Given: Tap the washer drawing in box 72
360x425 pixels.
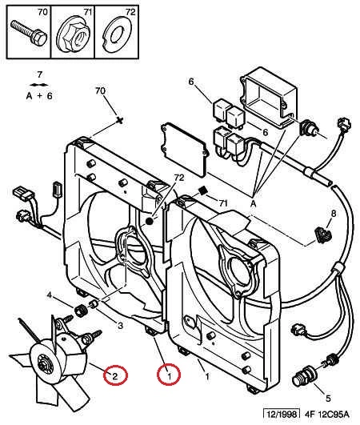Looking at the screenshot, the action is tap(117, 34).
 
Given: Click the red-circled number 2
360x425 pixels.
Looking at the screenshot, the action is tap(115, 375).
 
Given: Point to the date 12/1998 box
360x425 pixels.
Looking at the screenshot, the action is tap(282, 414).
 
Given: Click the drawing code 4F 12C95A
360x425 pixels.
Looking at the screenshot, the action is tap(326, 414).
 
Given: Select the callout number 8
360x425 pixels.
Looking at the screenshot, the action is tap(334, 214).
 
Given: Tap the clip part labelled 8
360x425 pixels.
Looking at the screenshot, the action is tap(323, 235).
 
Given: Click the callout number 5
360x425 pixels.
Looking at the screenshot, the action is tap(328, 399).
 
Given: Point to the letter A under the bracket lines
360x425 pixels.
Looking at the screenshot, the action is tap(253, 204).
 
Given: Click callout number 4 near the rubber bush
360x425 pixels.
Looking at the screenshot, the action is tap(50, 295).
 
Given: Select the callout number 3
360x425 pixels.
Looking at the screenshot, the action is tap(120, 326).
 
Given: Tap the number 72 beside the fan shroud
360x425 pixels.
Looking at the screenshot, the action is tap(178, 178).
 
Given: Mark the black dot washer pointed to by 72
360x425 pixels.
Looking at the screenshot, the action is tap(149, 222).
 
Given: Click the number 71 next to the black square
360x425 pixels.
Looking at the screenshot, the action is tap(223, 202).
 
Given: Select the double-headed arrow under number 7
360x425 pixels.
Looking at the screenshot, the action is tap(40, 85).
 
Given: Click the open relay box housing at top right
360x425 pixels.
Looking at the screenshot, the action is tap(268, 98).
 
